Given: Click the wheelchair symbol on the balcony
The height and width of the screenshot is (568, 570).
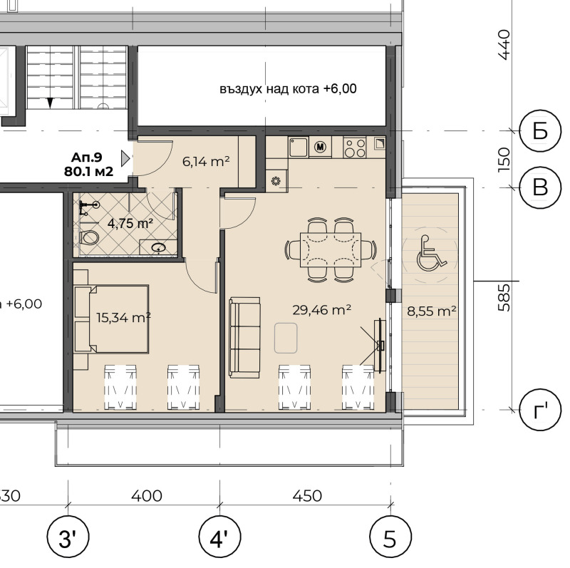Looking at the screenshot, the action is tap(431, 254).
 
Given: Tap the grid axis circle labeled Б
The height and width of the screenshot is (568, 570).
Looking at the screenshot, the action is tap(540, 130).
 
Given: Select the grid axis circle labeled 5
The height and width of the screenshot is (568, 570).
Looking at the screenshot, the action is tap(390, 537).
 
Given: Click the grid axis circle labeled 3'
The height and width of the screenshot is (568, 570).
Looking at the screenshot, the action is tap(68, 537).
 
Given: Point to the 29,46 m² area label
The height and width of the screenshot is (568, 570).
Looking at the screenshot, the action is tap(322, 310).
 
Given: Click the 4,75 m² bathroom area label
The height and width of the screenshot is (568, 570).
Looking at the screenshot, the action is tap(130, 223).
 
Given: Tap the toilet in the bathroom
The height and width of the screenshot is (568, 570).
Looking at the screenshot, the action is tap(88, 238).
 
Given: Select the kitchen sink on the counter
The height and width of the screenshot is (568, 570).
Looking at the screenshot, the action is tap(299, 147).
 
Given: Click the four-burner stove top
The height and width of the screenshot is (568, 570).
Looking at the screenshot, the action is tap(355, 148).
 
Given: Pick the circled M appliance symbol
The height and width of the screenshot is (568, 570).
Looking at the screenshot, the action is tap(320, 147).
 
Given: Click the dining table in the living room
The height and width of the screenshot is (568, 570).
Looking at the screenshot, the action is tap(331, 250).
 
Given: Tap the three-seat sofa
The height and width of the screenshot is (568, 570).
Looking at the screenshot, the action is tap(244, 337).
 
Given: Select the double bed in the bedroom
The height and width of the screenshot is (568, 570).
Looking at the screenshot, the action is tap(111, 319).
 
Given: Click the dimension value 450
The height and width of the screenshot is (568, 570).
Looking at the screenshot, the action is tap(307, 496).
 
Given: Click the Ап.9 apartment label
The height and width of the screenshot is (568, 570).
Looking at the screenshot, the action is tap(86, 158).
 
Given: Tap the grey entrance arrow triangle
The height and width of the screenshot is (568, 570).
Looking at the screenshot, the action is tap(125, 158).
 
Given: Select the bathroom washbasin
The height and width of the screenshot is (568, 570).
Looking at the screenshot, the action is tap(158, 247).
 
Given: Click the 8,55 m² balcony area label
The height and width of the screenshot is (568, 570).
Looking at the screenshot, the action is tap(432, 311).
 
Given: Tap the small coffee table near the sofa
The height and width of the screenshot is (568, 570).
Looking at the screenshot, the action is tap(286, 339).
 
